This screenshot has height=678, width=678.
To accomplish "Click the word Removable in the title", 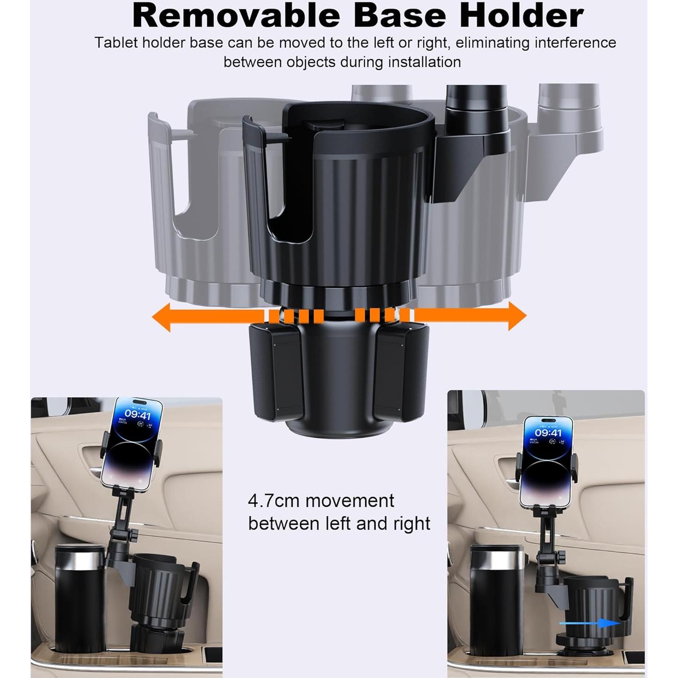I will (x=236, y=16).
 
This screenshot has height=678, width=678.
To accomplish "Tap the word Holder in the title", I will (x=521, y=16).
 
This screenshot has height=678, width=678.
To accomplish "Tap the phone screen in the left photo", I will (x=131, y=443).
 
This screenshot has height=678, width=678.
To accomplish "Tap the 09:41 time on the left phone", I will (x=138, y=415).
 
